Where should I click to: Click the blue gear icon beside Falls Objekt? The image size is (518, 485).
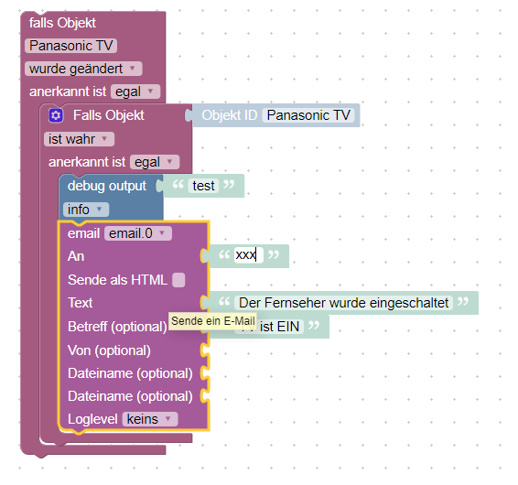56,115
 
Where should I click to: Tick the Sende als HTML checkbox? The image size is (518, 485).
178,280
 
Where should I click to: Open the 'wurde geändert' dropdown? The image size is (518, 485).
83,69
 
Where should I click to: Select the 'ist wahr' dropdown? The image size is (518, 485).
79,139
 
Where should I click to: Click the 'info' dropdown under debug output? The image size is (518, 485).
86,210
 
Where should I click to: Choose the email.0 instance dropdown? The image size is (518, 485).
138,233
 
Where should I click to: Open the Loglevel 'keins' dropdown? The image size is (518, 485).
150,419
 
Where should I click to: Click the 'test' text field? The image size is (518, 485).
203,186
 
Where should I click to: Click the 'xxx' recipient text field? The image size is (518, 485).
249,255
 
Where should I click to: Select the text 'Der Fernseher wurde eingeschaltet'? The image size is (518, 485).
343,303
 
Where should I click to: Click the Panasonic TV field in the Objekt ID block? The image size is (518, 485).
308,115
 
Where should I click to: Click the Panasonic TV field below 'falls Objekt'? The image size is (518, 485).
71,46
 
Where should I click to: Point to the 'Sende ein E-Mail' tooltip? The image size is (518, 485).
212,321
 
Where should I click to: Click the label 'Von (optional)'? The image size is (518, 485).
109,350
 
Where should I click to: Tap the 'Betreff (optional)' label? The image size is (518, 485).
117,327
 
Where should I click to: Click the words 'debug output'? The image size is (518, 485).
107,186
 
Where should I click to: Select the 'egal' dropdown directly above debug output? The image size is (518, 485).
155,162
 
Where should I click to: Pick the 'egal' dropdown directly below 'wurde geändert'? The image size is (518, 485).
135,92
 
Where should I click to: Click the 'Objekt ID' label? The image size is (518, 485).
230,115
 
